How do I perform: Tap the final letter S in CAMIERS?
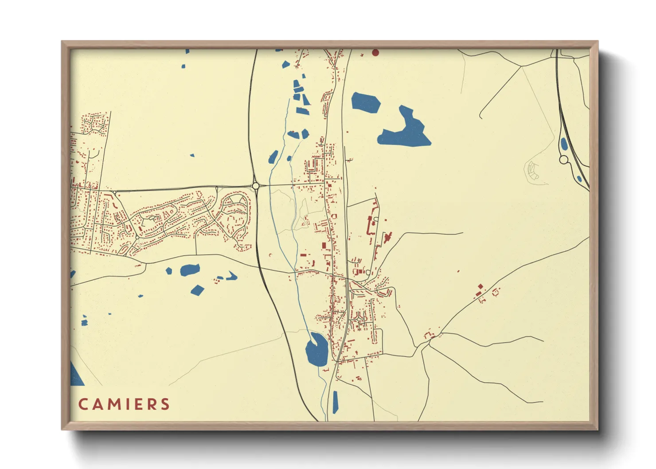click(165, 404)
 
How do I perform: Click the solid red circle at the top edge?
click(375, 53)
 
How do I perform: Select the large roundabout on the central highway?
click(255, 186)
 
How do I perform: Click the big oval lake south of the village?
click(316, 349)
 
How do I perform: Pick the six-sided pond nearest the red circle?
click(366, 102)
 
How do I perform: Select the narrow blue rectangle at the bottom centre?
click(335, 402)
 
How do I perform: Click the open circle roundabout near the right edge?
click(564, 160)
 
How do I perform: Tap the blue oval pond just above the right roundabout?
click(564, 144)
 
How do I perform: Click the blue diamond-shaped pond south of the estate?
click(197, 290)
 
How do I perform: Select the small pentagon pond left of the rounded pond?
click(169, 270)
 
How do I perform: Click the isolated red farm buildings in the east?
click(480, 291)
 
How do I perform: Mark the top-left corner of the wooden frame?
click(62, 42)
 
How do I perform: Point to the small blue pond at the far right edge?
click(579, 179)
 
